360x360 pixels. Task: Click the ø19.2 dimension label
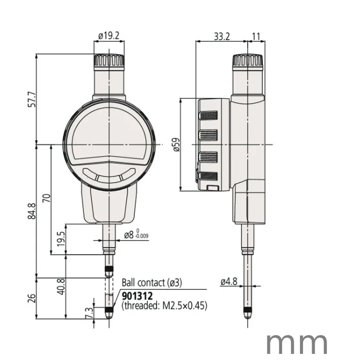(108, 36)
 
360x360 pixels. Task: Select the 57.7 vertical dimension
(32, 99)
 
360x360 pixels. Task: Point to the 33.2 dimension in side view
(222, 36)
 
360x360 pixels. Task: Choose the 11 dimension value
(256, 36)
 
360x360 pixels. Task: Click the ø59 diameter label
(176, 144)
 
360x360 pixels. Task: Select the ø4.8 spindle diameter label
(229, 281)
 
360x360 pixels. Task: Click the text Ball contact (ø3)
(151, 283)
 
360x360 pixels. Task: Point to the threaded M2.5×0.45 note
(164, 306)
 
